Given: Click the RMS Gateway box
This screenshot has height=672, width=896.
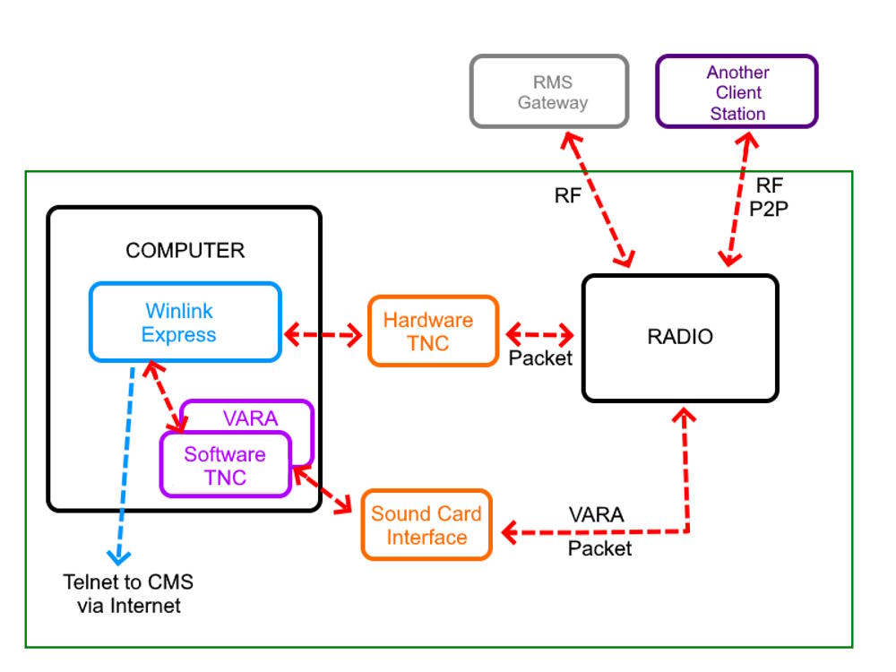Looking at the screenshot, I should coord(549,91).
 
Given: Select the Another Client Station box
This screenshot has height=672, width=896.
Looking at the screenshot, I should coord(737,91).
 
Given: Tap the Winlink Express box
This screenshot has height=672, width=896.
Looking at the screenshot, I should coord(185,323).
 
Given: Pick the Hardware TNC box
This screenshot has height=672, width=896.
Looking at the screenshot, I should coord(433,331).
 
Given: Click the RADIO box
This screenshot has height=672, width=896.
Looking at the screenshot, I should coord(680,338).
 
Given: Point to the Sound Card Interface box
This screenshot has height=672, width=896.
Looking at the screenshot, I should coord(426,525).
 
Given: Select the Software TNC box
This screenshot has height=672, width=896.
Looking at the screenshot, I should coord(225,465).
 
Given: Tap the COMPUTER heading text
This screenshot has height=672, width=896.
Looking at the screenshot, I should coord(185,250).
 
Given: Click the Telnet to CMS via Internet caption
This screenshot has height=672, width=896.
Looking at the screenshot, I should coord(128,593).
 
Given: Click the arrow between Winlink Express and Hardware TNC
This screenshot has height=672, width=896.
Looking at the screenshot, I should coord(323,336).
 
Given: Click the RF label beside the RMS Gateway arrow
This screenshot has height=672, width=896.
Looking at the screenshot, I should coord(567,196).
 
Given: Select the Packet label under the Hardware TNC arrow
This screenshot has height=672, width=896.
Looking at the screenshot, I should coord(540,358).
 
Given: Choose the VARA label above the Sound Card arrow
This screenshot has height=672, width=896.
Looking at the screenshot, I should coord(597,515).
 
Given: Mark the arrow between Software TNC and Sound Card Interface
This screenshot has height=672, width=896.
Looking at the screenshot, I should coord(322,490).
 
